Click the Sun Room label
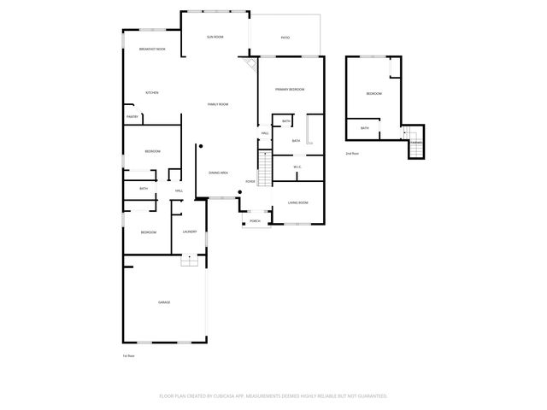click(215, 38)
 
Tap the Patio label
click(285, 38)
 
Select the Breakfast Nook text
click(152, 50)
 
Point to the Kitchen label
click(152, 93)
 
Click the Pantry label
click(132, 116)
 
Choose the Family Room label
click(218, 104)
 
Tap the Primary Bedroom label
click(290, 90)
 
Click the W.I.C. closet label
click(298, 167)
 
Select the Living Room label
click(297, 202)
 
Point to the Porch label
click(255, 220)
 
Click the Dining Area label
click(218, 173)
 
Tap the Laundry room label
click(190, 231)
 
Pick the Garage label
click(163, 302)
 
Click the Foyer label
click(250, 182)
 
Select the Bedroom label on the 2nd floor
click(374, 93)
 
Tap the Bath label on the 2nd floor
click(365, 128)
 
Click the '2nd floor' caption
click(352, 154)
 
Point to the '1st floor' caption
click(129, 355)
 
